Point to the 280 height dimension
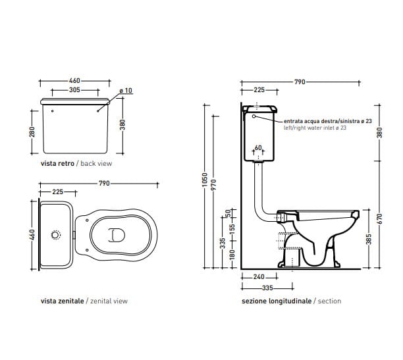(31, 133)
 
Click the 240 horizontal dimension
(259, 277)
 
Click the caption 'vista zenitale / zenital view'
(84, 301)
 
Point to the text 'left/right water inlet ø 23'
(315, 128)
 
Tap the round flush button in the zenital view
(55, 234)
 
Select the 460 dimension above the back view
(74, 81)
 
